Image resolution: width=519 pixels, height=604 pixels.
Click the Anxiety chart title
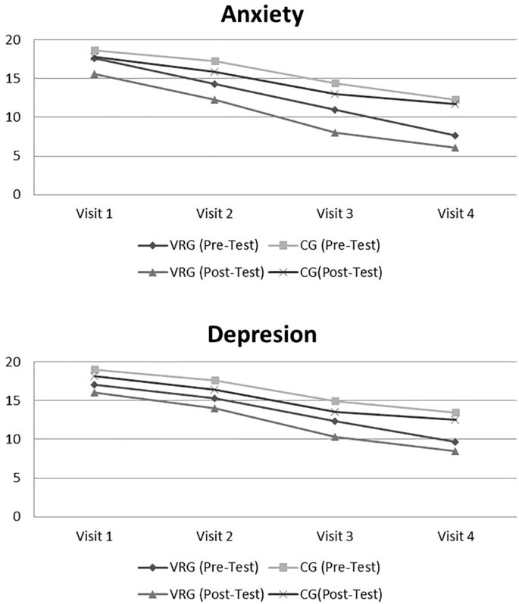click(x=262, y=15)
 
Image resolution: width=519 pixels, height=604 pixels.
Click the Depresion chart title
click(x=262, y=335)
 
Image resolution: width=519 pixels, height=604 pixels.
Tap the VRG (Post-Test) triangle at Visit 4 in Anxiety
click(x=455, y=148)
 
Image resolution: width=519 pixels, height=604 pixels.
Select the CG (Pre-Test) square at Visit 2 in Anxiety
click(x=215, y=61)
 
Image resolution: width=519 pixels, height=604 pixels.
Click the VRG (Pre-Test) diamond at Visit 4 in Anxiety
click(x=455, y=135)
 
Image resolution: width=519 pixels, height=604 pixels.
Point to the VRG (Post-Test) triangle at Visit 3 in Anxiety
click(x=335, y=133)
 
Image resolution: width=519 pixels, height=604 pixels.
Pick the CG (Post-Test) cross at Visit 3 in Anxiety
click(x=335, y=94)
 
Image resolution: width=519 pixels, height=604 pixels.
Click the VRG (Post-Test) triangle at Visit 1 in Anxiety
click(x=95, y=74)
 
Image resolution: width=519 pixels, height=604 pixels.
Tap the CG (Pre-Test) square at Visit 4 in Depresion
click(x=455, y=413)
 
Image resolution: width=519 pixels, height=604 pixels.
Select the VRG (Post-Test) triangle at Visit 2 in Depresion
click(x=215, y=408)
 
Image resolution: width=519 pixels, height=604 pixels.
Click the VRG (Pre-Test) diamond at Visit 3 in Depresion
click(x=335, y=421)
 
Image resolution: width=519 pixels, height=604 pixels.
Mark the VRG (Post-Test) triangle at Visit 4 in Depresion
click(x=455, y=451)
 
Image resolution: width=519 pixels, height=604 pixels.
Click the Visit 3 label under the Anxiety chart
click(x=335, y=213)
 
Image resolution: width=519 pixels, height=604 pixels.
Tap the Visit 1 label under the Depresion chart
click(x=95, y=536)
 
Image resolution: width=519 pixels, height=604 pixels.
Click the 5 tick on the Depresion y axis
click(x=17, y=478)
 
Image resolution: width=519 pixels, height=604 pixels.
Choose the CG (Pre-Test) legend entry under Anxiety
click(x=324, y=245)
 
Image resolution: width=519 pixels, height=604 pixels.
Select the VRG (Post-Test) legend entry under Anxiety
click(x=201, y=272)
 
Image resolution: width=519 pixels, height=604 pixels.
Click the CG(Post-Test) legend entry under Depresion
click(x=325, y=594)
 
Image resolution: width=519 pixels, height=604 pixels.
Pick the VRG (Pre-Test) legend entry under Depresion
click(x=199, y=567)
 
